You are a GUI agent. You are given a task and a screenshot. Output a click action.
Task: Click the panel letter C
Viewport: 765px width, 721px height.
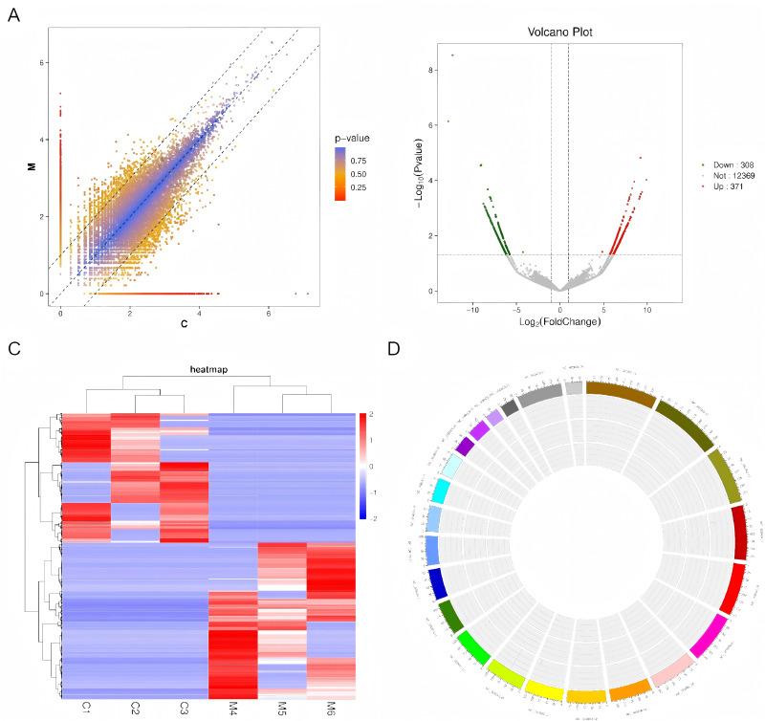point(14,347)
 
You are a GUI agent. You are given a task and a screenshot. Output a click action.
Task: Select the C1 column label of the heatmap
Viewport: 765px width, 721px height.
point(86,709)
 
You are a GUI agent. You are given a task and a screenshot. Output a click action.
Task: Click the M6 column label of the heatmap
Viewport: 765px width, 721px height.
point(330,709)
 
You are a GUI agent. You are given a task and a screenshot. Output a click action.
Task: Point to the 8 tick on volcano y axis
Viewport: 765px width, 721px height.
point(432,70)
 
